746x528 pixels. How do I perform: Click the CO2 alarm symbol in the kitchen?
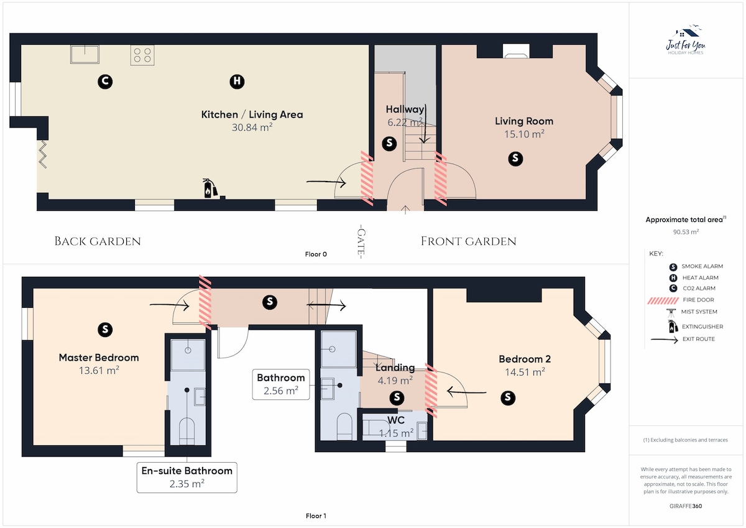tap(105, 81)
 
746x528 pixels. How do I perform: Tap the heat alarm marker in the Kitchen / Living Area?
tap(237, 81)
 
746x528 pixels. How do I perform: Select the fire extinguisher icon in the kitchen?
tap(210, 188)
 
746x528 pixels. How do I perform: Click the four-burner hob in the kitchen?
tap(142, 55)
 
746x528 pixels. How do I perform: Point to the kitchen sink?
tap(85, 54)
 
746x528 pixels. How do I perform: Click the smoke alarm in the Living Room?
tap(515, 159)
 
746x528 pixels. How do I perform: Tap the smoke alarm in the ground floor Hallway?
tap(389, 144)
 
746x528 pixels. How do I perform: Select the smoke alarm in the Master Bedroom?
tap(105, 330)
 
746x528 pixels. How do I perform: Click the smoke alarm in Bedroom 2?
tap(508, 398)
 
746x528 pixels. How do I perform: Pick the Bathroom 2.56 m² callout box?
tap(281, 384)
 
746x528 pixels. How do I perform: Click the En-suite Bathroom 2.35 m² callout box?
tap(187, 478)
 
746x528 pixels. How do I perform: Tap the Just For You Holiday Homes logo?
tap(685, 40)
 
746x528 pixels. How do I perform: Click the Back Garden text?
tap(98, 241)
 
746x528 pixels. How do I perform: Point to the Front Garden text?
tap(469, 241)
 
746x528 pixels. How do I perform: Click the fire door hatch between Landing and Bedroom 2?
tap(431, 391)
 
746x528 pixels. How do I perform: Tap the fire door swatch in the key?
tap(663, 301)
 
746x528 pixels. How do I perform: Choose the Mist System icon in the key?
tap(671, 313)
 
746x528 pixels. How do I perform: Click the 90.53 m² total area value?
tap(686, 232)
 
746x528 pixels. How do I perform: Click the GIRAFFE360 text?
tap(686, 506)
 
